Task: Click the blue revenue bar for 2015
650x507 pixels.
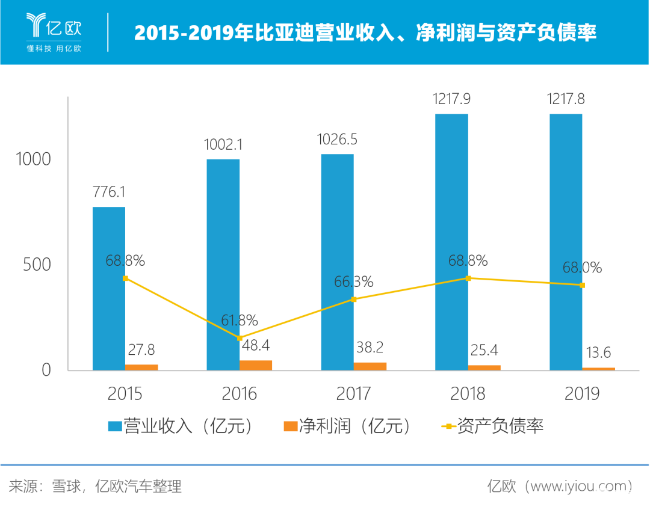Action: tap(108, 289)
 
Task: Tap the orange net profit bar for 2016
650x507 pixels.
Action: tap(256, 365)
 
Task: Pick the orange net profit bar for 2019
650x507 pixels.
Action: tap(599, 368)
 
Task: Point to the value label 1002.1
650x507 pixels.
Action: tap(223, 144)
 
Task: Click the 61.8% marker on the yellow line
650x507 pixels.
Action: tap(240, 338)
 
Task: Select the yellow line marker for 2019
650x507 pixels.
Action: tap(582, 285)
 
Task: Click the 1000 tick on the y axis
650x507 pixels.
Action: tap(34, 159)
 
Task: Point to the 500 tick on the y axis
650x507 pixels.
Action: tap(37, 265)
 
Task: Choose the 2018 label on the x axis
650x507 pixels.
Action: tap(468, 394)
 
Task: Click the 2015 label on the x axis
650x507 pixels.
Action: tap(125, 394)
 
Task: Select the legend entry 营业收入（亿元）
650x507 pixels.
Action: tap(181, 426)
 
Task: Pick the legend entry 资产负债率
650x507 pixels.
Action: tap(494, 426)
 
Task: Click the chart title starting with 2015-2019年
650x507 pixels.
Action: tap(365, 32)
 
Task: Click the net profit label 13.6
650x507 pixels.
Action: tap(598, 352)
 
